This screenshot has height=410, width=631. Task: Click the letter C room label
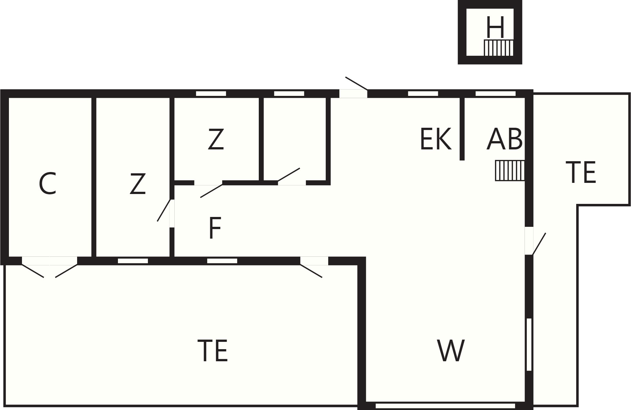[48, 183]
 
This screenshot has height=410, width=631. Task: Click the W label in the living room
[451, 350]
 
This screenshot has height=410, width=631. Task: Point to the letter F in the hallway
[215, 228]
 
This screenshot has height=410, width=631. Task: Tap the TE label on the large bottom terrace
[213, 350]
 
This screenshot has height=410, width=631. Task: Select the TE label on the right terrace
[581, 172]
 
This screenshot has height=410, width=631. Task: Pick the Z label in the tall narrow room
[138, 183]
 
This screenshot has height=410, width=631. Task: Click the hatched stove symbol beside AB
[510, 170]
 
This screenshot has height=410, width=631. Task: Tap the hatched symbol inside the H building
[499, 48]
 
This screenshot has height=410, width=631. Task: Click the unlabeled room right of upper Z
[294, 139]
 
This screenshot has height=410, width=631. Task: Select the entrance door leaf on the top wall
[357, 83]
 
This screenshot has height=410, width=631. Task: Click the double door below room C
[50, 267]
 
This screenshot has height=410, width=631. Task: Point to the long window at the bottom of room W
[446, 406]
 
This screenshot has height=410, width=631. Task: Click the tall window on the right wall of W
[529, 344]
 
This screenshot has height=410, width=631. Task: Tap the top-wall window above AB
[496, 94]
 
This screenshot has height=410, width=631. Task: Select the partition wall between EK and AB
[462, 128]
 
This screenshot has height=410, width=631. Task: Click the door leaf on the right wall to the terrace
[539, 244]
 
